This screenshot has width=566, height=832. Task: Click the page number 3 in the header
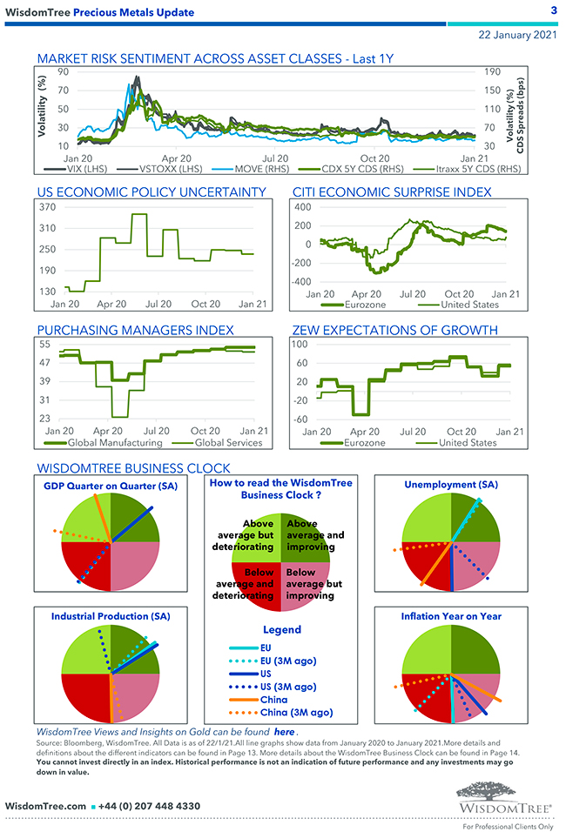554,10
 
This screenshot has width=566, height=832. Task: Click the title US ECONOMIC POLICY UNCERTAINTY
152,191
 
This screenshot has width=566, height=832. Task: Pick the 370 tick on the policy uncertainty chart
47,207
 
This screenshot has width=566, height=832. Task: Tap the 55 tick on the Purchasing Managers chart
44,344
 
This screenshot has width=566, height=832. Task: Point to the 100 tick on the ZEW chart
300,344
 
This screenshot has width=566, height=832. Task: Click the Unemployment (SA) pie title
451,484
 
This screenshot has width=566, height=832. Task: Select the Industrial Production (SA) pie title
111,615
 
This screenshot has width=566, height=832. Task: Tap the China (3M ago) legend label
296,713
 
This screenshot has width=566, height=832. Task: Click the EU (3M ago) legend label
288,661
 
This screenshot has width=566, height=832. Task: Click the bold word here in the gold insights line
284,733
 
